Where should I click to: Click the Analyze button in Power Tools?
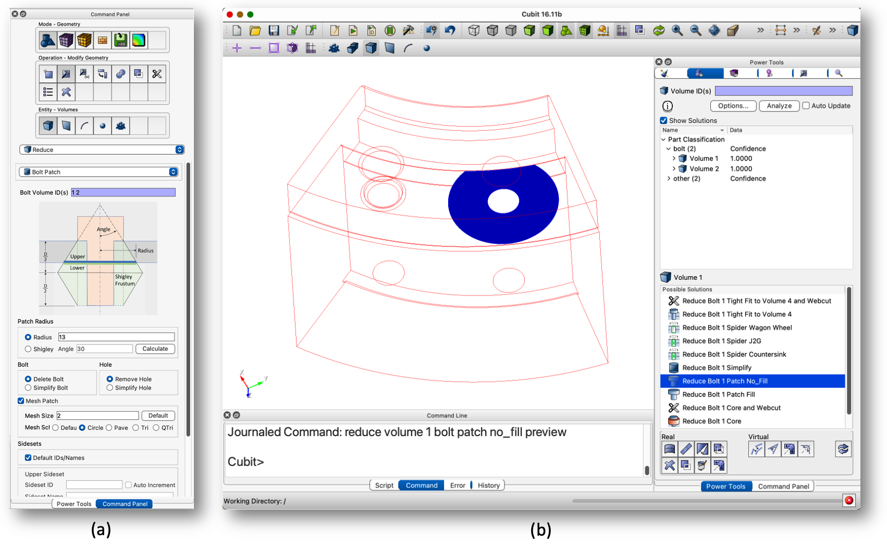[x=779, y=106]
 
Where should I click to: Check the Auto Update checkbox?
[x=806, y=106]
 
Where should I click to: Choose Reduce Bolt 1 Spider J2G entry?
[x=721, y=341]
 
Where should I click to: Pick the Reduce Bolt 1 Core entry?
[x=711, y=421]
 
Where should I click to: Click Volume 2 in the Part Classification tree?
[x=704, y=169]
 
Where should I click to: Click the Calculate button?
[x=155, y=349]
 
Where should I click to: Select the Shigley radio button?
[x=28, y=349]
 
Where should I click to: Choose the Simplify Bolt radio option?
[x=28, y=388]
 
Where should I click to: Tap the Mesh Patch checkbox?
[x=21, y=401]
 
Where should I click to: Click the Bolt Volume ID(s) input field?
[x=123, y=192]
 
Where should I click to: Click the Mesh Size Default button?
[x=158, y=415]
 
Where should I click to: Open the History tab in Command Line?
[x=488, y=485]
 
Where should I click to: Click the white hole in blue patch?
[x=503, y=201]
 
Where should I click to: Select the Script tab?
[x=384, y=485]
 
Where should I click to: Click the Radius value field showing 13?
[x=116, y=337]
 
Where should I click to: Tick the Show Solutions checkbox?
[x=664, y=120]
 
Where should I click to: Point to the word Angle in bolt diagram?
[x=103, y=229]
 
